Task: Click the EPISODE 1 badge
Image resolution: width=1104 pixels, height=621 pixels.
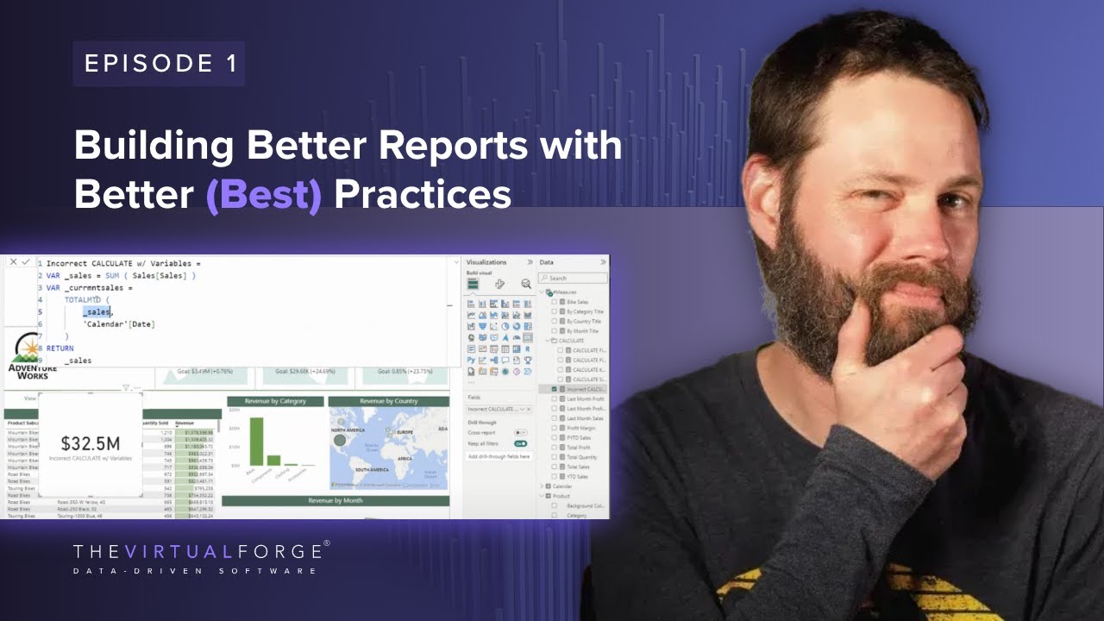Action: click(x=159, y=64)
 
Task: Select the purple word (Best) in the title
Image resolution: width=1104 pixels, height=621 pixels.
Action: click(x=263, y=195)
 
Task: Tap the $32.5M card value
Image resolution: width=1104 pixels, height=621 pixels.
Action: click(x=91, y=443)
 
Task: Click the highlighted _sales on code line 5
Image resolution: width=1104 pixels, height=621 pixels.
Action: click(x=97, y=311)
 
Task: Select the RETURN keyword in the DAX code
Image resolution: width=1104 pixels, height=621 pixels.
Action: click(x=60, y=348)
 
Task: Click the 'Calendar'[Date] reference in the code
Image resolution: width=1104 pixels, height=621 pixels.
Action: click(x=119, y=323)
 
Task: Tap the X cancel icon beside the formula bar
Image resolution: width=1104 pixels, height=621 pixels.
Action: click(x=13, y=262)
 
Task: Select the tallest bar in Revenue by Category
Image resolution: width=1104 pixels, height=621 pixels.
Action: click(x=256, y=442)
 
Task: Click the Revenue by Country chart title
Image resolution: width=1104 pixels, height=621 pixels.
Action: click(x=388, y=401)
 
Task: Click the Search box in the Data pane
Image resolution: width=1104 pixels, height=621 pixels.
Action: click(x=573, y=278)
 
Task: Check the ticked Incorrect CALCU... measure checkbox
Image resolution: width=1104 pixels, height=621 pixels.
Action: click(x=554, y=389)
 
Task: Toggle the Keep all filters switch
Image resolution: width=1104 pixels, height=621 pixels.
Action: click(x=520, y=443)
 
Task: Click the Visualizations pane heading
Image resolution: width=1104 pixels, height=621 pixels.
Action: click(x=486, y=262)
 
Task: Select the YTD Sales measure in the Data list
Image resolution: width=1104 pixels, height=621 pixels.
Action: click(x=577, y=476)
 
